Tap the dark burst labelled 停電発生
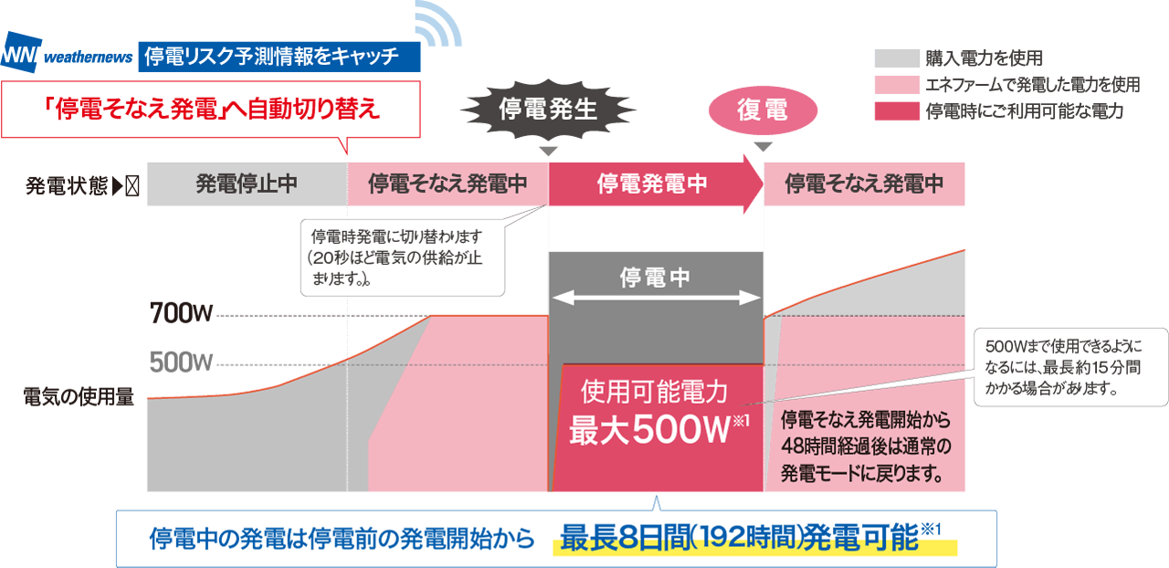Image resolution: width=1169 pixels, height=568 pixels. coord(548,110)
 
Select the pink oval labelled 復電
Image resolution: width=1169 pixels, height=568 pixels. coord(762,110)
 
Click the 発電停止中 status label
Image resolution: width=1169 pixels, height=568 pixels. coord(247,184)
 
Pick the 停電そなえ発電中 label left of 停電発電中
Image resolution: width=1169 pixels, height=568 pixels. coord(448,184)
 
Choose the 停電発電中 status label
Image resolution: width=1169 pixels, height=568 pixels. coord(652,184)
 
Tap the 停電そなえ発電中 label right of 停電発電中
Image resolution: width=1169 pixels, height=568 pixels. coord(864,184)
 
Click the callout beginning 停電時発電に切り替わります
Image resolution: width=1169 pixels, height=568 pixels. coord(402,257)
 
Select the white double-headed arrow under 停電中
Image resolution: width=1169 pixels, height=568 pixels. coord(657,298)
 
